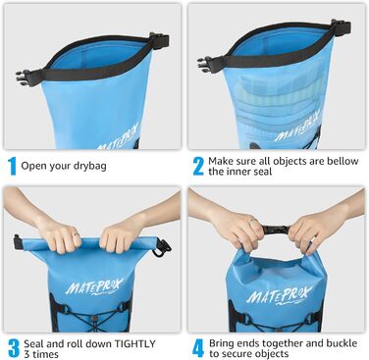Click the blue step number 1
(x=12, y=164)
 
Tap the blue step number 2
(x=197, y=164)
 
